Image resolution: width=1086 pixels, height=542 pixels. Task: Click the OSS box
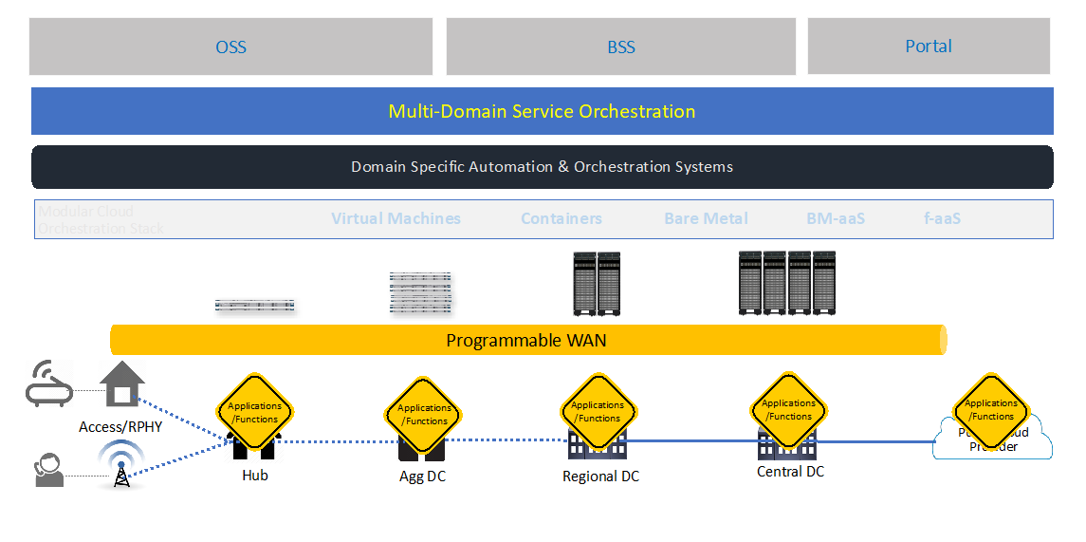pos(230,47)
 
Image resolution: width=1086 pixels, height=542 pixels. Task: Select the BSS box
pos(621,47)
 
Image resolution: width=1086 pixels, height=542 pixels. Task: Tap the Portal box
pos(929,46)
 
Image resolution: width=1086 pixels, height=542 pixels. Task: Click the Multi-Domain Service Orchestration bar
pos(542,111)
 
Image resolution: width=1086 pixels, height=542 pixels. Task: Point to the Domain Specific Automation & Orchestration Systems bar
pos(542,167)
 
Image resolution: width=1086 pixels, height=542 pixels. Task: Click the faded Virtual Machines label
pos(396,219)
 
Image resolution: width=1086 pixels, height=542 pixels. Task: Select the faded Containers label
pos(561,219)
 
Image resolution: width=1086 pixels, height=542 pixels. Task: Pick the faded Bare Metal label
pos(706,219)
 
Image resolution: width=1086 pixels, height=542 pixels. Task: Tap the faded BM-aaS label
pos(836,219)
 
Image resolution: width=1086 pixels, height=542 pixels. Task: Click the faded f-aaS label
pos(942,219)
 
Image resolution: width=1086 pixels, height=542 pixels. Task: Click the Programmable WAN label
pos(526,341)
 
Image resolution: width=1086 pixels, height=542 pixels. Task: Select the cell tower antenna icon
pos(120,465)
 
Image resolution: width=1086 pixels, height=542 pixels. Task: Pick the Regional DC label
pos(600,477)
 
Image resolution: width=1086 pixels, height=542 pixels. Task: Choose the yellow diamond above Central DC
pos(789,410)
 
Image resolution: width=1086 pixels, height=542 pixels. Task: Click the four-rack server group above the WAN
pos(786,283)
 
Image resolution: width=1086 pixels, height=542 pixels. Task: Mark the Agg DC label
pos(422,477)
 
